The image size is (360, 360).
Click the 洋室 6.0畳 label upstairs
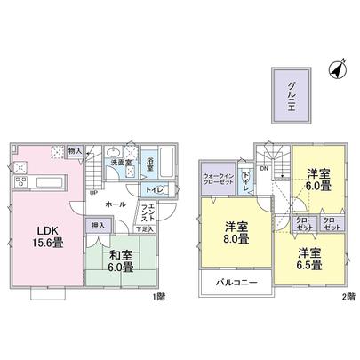point(318,180)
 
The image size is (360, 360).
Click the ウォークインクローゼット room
point(219,180)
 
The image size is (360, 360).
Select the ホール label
point(115,204)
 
